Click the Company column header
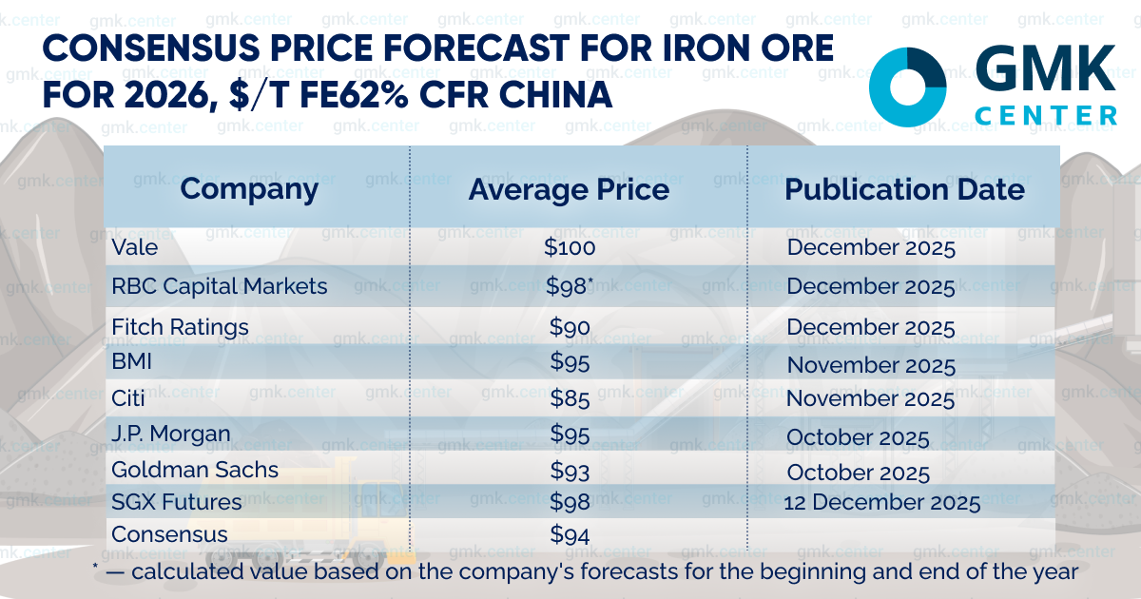(x=249, y=189)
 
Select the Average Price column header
(x=569, y=189)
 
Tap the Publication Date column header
(x=904, y=189)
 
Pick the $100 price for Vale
(x=570, y=248)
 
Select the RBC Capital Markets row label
(x=219, y=286)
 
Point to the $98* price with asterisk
(x=570, y=286)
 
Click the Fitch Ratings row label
(x=180, y=327)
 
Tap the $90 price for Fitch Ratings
(x=570, y=327)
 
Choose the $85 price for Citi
(x=570, y=398)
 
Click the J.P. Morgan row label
(x=171, y=435)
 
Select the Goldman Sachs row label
(x=195, y=470)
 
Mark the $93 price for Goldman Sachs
(x=570, y=471)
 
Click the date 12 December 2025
(x=881, y=503)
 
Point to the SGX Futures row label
(x=176, y=502)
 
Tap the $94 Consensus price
(x=570, y=534)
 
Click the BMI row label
(x=131, y=362)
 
